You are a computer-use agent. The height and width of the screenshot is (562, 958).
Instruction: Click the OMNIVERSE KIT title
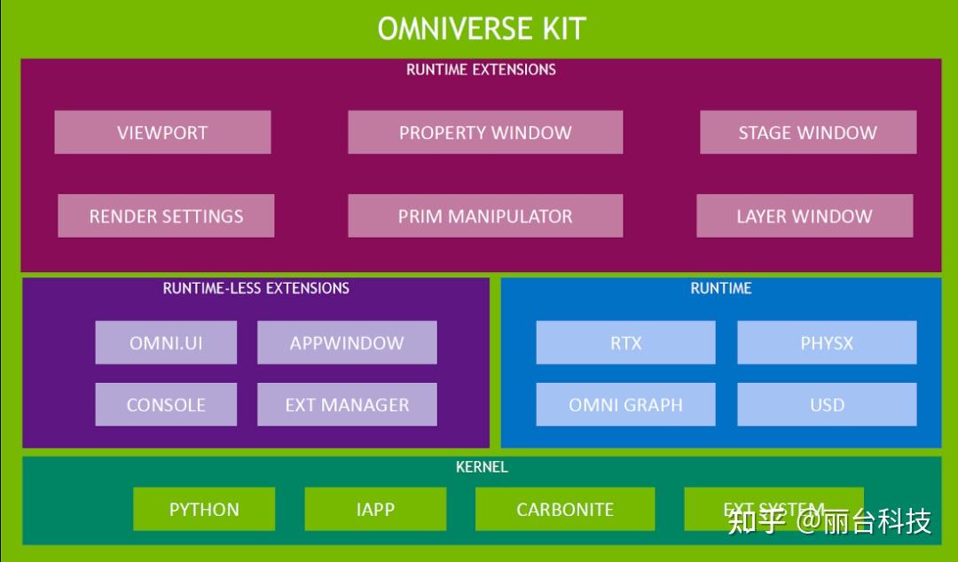click(482, 28)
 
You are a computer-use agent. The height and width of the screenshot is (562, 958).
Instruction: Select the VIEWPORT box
click(162, 133)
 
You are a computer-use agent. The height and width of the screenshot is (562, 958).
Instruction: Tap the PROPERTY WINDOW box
click(485, 133)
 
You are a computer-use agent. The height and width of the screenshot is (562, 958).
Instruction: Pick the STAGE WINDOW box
click(807, 133)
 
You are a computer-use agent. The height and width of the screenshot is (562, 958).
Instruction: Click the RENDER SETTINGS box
click(166, 216)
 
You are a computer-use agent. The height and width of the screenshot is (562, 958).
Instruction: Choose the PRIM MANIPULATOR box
click(485, 216)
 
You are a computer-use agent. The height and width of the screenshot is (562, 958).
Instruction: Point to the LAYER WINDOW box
click(805, 216)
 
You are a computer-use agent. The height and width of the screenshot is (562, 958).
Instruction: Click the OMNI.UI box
click(166, 343)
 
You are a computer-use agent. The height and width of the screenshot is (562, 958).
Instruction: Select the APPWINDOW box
click(347, 343)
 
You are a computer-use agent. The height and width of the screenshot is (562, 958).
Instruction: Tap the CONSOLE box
click(166, 405)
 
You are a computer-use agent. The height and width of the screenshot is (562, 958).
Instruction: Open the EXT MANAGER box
click(347, 405)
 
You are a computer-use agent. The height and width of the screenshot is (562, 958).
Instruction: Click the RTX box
click(625, 343)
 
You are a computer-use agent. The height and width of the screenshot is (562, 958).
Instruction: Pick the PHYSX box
click(827, 343)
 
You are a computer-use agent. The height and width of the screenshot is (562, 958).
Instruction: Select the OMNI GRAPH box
click(625, 405)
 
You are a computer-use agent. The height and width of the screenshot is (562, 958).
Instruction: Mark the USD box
click(827, 405)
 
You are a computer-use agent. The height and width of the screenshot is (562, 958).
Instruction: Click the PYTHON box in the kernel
click(204, 510)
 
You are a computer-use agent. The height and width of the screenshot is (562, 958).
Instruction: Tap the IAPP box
click(375, 510)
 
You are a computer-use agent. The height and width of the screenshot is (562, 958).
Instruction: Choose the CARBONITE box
click(565, 510)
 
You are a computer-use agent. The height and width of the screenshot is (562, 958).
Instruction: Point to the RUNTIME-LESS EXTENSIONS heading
click(256, 288)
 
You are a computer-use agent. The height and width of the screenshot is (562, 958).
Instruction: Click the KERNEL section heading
click(482, 466)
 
